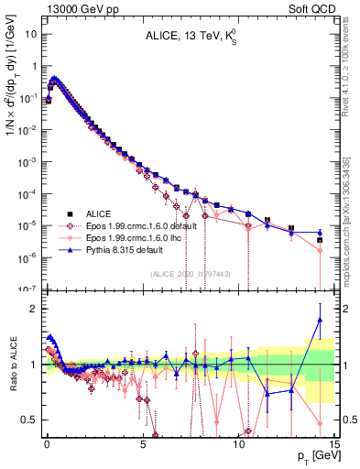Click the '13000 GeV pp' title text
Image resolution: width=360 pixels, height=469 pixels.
(x=77, y=7)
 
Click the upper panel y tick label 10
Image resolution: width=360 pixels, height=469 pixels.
(x=31, y=34)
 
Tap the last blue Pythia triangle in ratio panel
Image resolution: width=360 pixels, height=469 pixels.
(x=320, y=320)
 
